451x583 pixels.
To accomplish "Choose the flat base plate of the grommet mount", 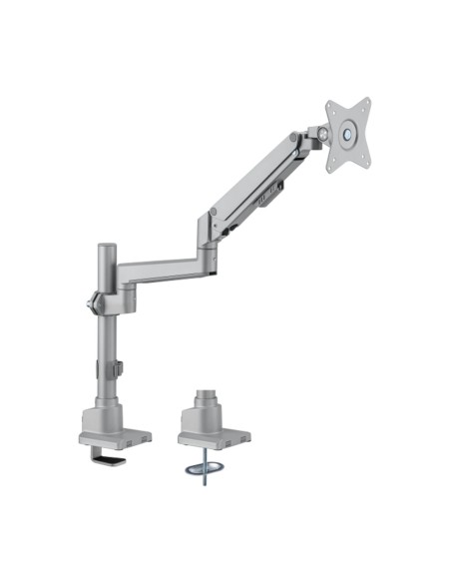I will (212, 437).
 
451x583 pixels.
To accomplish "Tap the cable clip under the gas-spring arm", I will (267, 206).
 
